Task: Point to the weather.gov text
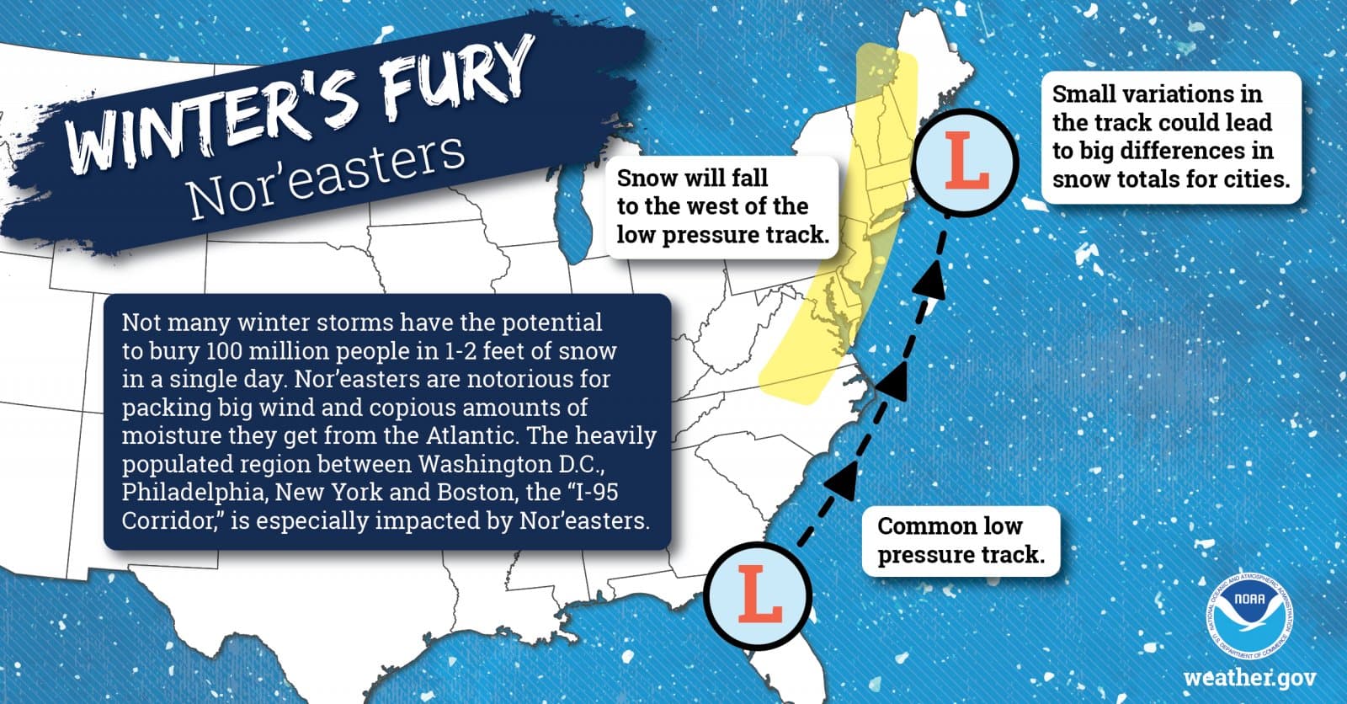click(1249, 678)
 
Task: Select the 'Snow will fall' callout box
click(722, 206)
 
